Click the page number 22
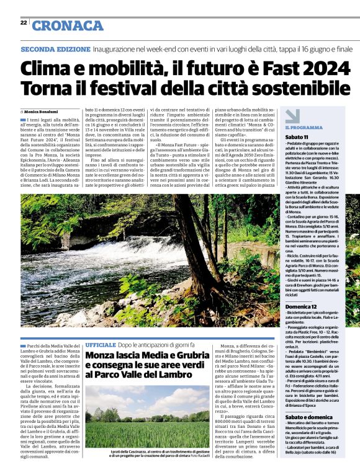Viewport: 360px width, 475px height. pyautogui.click(x=23, y=23)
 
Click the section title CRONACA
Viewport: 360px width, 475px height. pyautogui.click(x=68, y=25)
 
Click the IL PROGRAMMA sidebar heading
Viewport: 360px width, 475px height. pyautogui.click(x=304, y=127)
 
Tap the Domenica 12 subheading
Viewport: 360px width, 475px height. pyautogui.click(x=302, y=306)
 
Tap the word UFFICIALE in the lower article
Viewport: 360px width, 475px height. pyautogui.click(x=101, y=344)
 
